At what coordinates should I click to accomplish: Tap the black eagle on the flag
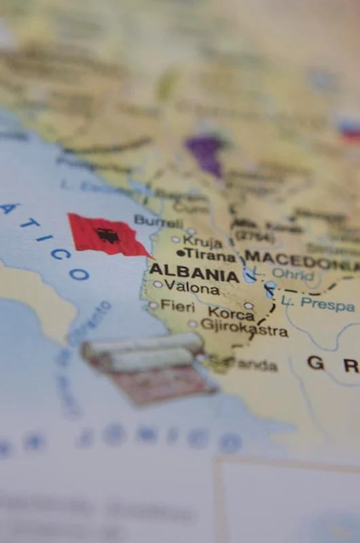pos(107,236)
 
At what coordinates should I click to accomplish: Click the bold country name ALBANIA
pos(194,272)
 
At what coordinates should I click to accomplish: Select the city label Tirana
pos(211,255)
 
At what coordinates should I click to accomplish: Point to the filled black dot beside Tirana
pos(180,254)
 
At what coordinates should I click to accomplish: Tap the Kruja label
pos(202,241)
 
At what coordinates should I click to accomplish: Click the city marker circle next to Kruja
pos(176,239)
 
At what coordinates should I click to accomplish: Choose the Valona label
pos(192,288)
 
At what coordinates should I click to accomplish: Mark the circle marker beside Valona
pos(158,284)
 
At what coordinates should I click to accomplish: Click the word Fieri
pos(177,306)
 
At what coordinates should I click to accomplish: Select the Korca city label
pos(231,314)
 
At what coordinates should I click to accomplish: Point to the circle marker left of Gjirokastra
pos(193,324)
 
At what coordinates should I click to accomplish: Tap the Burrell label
pos(158,221)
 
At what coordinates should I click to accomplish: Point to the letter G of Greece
pos(315,362)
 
